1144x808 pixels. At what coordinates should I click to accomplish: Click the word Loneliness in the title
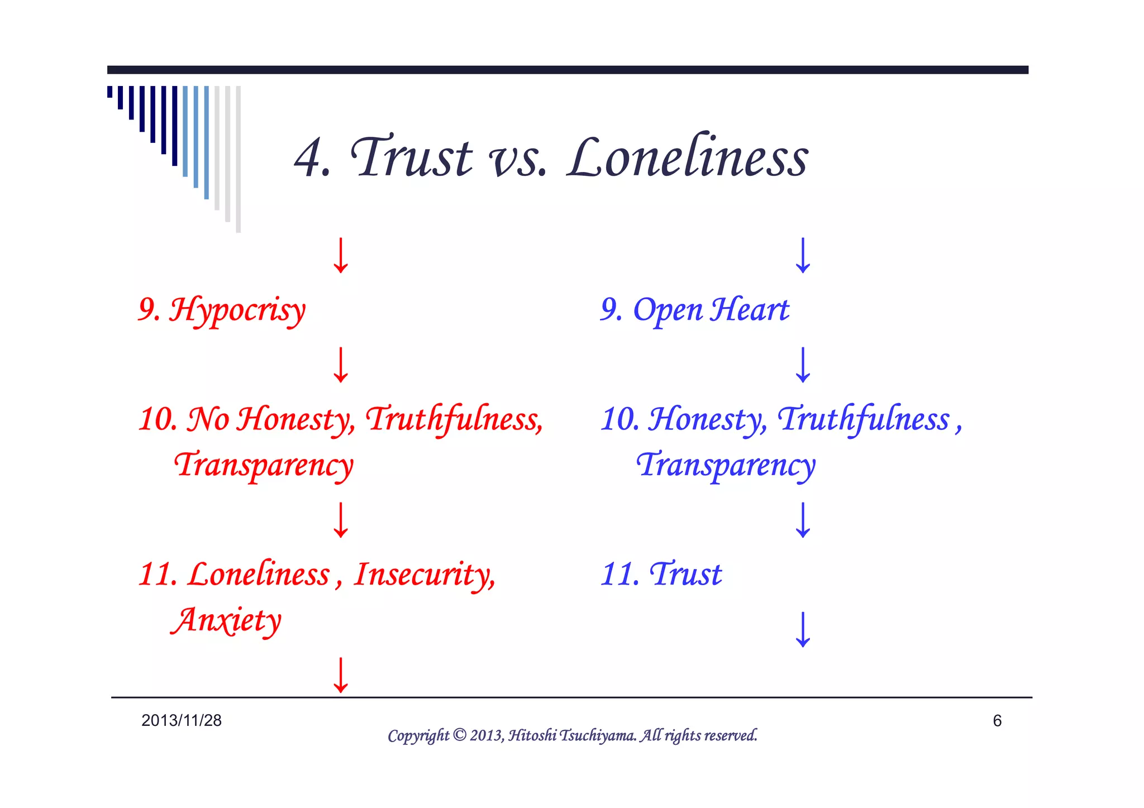tap(687, 158)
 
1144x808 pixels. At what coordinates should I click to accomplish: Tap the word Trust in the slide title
tap(411, 158)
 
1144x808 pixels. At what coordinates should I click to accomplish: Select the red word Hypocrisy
tap(237, 310)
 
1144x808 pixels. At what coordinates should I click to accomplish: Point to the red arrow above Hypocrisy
tap(341, 256)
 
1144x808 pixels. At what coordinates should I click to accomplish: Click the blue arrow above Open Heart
tap(803, 256)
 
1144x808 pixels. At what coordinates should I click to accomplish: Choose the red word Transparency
tap(264, 465)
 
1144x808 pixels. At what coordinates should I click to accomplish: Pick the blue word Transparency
tap(726, 465)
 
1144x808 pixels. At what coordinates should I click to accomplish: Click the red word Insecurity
tap(424, 575)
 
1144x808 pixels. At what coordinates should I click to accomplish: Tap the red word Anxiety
tap(226, 620)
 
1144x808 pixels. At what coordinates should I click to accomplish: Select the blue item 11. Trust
tap(661, 575)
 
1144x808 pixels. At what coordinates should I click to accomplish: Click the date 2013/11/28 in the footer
tap(182, 720)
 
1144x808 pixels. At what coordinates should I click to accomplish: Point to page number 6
tap(997, 721)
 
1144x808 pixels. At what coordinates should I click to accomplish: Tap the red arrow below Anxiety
tap(341, 675)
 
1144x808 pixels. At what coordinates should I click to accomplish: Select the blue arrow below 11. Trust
tap(803, 629)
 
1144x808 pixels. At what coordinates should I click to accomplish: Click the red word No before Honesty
tap(208, 419)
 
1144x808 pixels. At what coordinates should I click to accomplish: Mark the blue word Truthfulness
tap(864, 419)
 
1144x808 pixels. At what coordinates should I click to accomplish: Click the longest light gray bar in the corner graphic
tap(239, 159)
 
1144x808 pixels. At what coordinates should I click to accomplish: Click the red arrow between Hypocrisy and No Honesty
tap(341, 365)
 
